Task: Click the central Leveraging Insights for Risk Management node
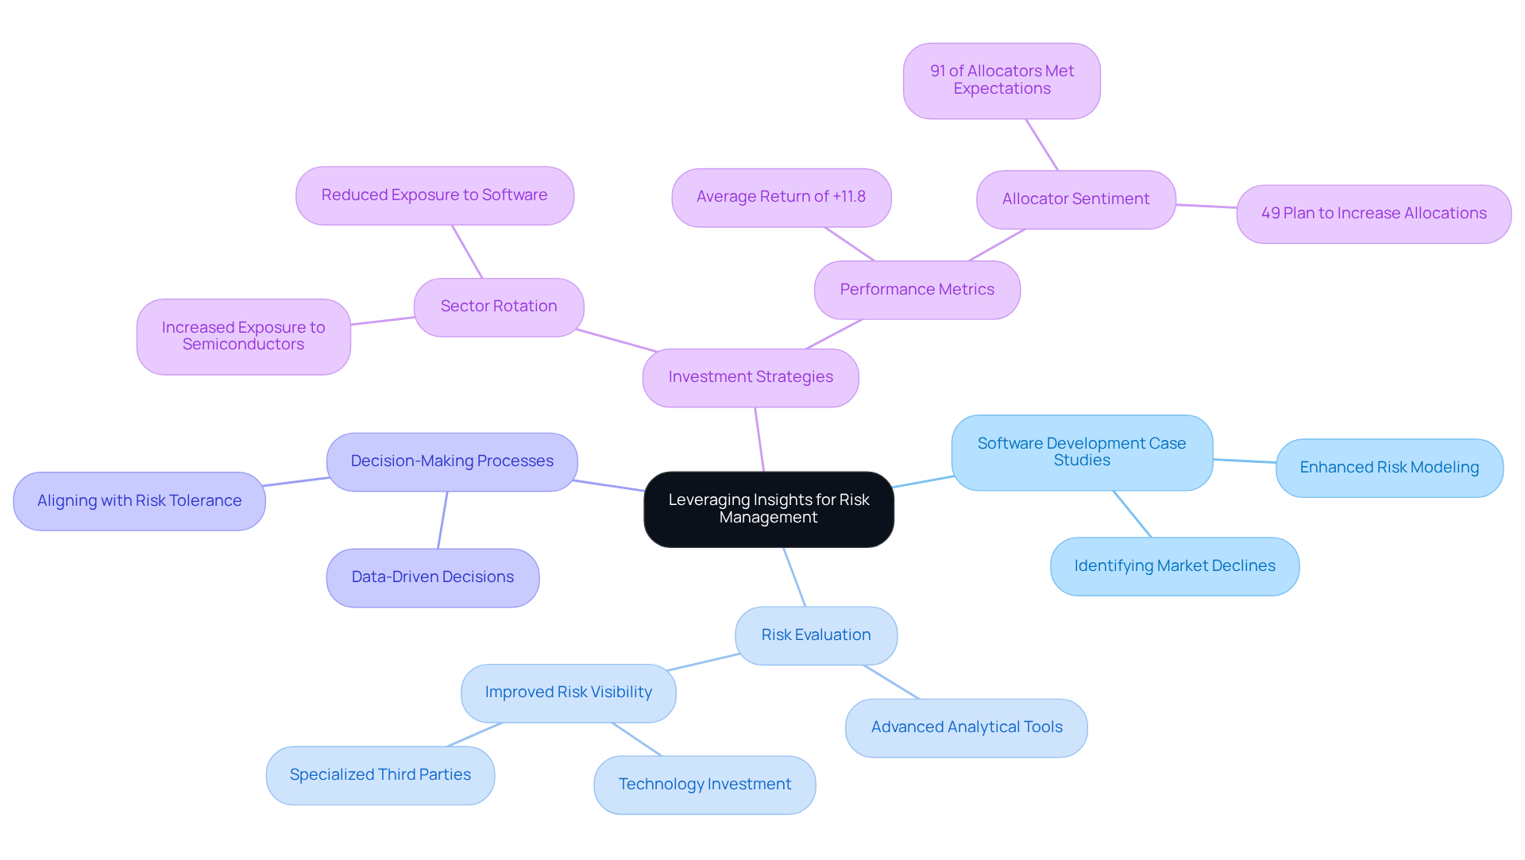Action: click(x=768, y=509)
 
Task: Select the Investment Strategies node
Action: click(x=750, y=377)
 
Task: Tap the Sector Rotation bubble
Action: click(x=498, y=307)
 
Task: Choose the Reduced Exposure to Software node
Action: click(x=434, y=195)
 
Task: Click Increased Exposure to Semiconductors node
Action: click(x=243, y=336)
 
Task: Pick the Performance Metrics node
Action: click(x=917, y=290)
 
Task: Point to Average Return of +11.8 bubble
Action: click(x=781, y=197)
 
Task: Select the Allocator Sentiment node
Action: click(x=1075, y=199)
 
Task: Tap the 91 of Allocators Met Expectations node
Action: click(x=1002, y=80)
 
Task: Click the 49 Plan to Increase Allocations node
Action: click(x=1373, y=214)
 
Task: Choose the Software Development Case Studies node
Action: click(x=1081, y=452)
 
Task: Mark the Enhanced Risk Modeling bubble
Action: click(x=1388, y=468)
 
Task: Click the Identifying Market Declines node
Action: click(x=1174, y=566)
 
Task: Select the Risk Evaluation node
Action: click(x=816, y=635)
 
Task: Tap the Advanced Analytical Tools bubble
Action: click(x=966, y=727)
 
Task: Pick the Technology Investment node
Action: click(x=705, y=785)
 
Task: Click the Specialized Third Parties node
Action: click(x=380, y=775)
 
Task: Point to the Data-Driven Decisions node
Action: click(x=432, y=577)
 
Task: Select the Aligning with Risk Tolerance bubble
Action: click(x=139, y=501)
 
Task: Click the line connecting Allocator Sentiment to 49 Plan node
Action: click(x=1206, y=206)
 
